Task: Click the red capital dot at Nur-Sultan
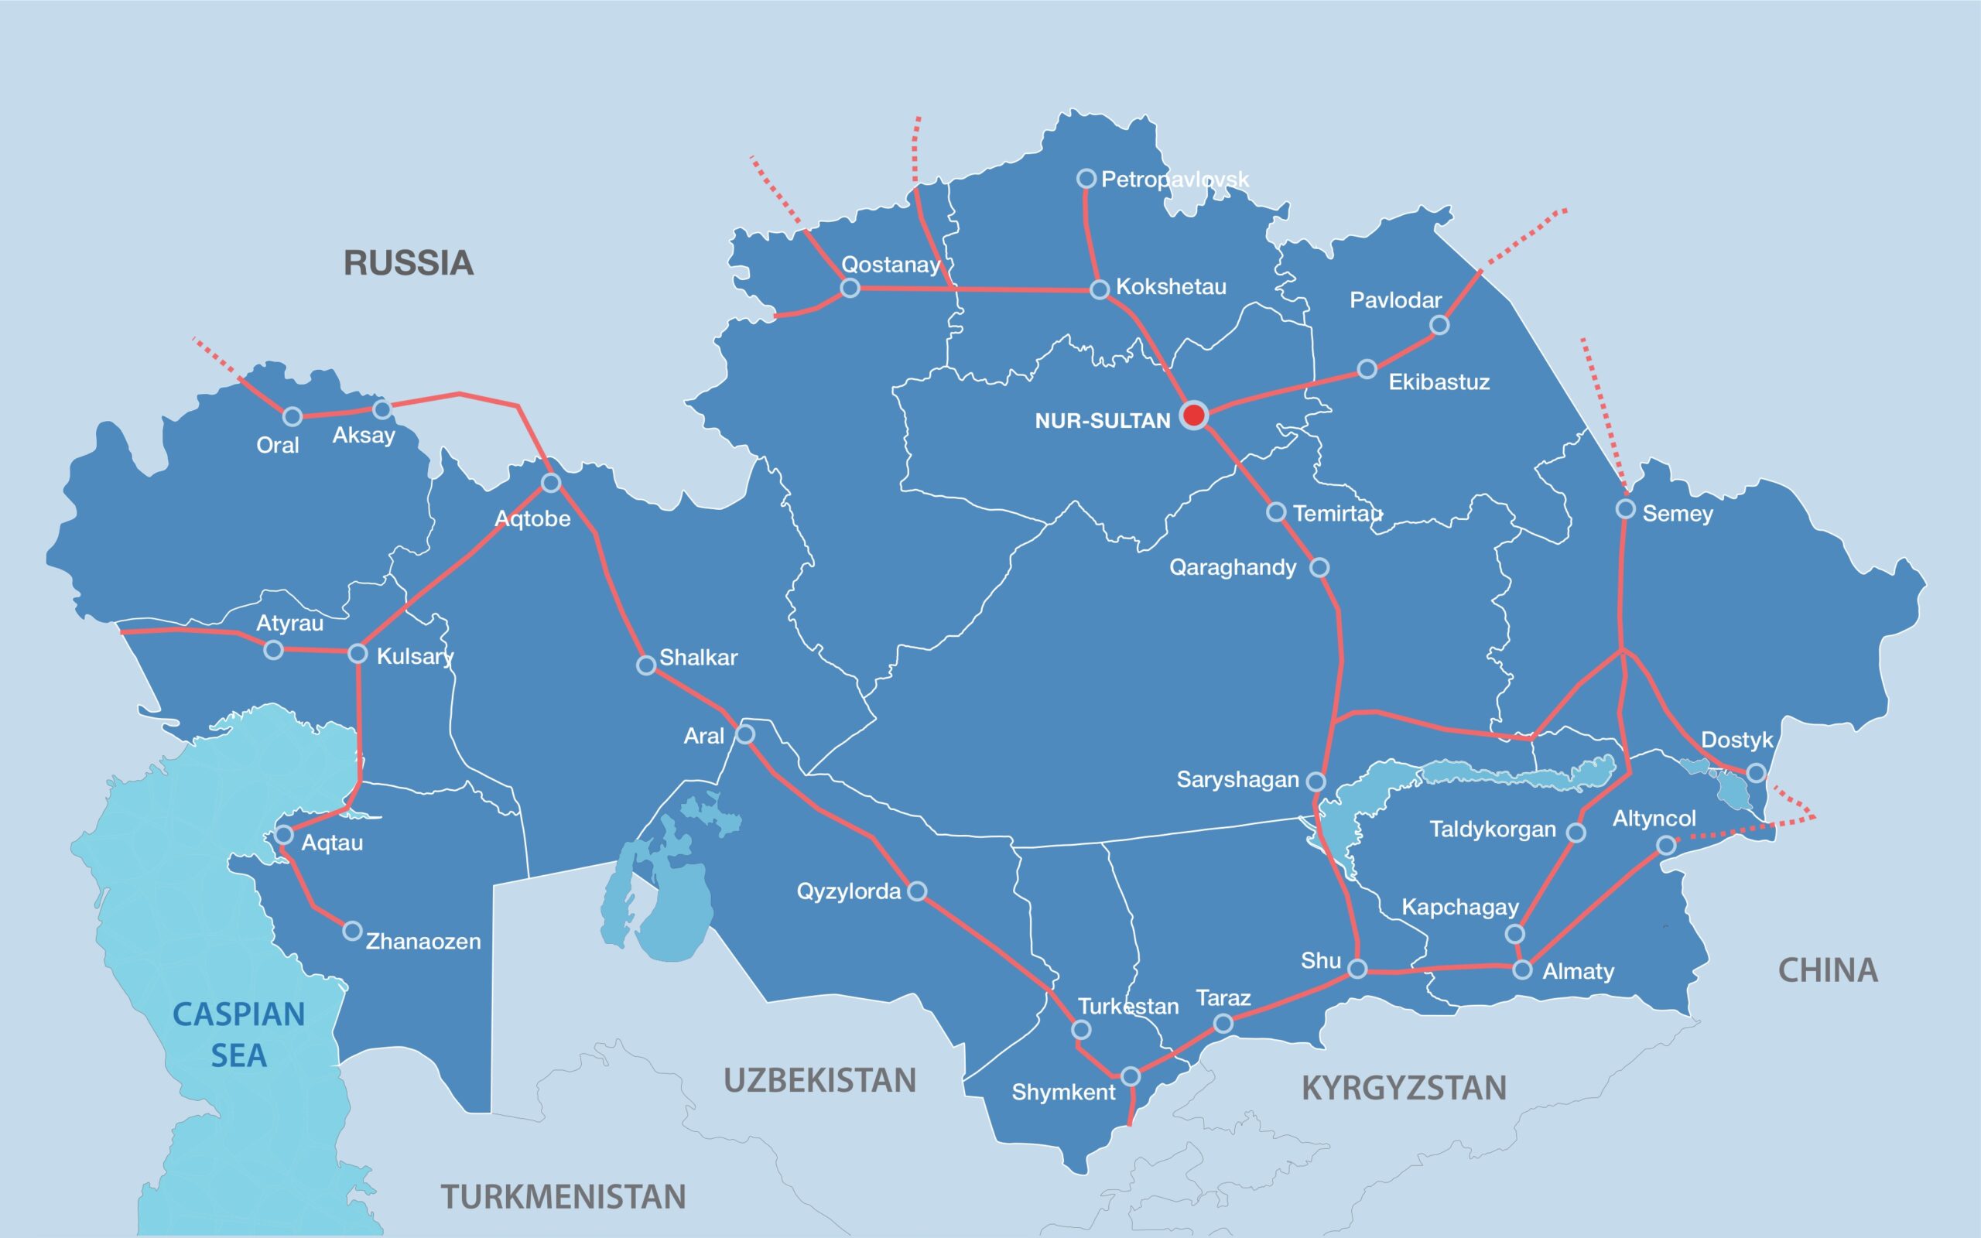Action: (1194, 416)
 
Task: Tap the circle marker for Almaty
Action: (1522, 970)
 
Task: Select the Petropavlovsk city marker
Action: (1086, 179)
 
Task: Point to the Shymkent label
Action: (1062, 1093)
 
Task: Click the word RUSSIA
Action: (408, 263)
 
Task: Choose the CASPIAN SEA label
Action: (238, 1035)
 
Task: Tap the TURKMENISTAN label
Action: (563, 1197)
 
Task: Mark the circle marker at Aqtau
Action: (284, 835)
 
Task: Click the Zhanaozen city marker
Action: (352, 931)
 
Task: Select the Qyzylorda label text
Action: (848, 891)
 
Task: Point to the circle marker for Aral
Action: (744, 734)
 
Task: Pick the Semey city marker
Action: (1626, 509)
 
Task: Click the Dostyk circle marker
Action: (1756, 773)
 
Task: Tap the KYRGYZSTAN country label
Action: (1404, 1088)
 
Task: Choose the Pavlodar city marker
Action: (1439, 325)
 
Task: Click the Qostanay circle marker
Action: (850, 288)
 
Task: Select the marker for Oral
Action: (293, 417)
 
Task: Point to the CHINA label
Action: (1827, 970)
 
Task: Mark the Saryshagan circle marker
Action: (1316, 781)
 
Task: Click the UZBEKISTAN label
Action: (819, 1081)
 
